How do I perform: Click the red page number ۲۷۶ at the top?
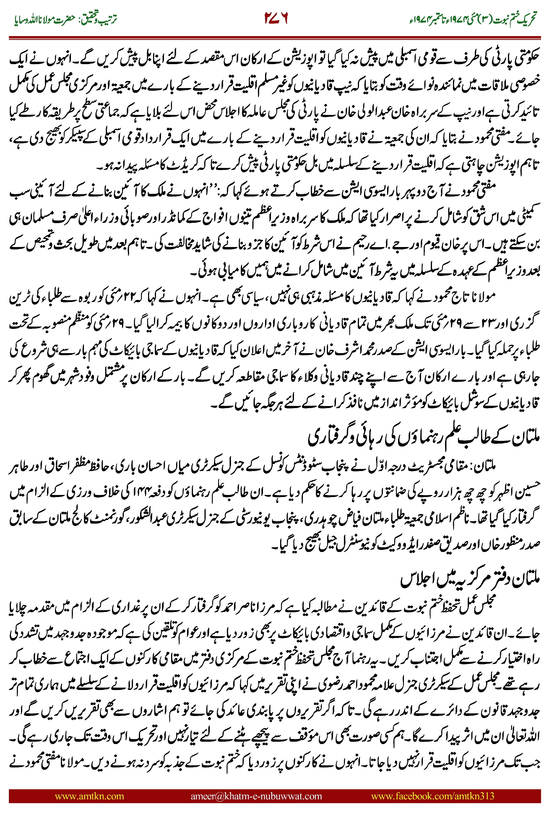(x=276, y=19)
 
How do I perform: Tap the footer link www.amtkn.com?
(x=89, y=796)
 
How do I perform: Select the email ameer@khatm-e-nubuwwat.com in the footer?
(x=256, y=796)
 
